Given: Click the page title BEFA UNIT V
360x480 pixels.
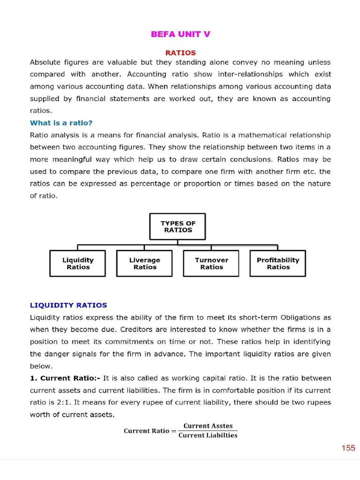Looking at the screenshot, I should tap(180, 34).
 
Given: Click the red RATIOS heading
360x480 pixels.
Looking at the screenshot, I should tap(180, 53).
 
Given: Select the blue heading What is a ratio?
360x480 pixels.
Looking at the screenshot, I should tap(61, 123).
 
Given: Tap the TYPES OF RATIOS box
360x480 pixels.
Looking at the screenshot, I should tap(178, 227).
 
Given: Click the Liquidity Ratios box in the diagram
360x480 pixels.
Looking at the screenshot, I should tap(78, 263).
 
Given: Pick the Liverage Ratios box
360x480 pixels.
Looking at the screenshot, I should tap(144, 263).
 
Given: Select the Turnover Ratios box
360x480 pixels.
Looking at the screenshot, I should tap(211, 263).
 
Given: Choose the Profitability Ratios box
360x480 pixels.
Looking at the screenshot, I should tap(278, 263).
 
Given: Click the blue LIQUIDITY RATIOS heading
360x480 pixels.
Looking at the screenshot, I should tap(68, 305).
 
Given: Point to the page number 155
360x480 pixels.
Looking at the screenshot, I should tap(348, 448).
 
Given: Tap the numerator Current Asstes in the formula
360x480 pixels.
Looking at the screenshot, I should tap(208, 426).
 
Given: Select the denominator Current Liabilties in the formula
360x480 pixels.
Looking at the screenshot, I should tap(208, 435).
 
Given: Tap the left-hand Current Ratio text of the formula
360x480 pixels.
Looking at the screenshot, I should tap(146, 431).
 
